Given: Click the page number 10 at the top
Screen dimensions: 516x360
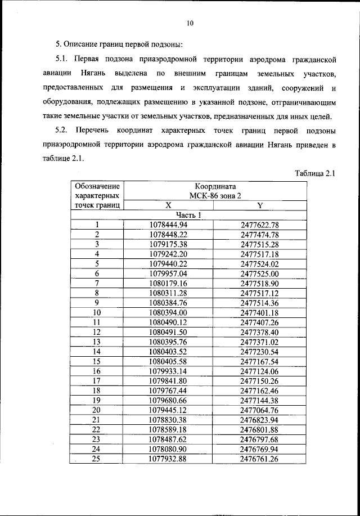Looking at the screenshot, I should coord(190,23).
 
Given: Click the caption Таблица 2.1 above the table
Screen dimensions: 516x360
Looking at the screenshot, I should coord(315,173).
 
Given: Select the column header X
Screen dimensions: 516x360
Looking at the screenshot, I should coord(168,206).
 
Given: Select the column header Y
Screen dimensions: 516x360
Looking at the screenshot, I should coord(259,206).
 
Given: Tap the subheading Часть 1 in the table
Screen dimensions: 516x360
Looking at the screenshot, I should coord(188,216).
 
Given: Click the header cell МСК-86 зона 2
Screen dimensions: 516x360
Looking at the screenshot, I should coord(215,195).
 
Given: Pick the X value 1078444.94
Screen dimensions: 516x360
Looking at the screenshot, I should coord(168,225).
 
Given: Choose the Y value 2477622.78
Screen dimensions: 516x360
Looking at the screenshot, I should coord(259,225).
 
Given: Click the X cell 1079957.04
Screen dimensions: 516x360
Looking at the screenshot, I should coord(168,273).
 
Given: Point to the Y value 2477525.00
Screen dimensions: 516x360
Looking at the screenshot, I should coord(259,273).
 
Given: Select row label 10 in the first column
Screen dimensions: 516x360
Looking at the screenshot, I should coord(97,312).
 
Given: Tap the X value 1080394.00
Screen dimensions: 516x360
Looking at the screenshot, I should coord(168,312).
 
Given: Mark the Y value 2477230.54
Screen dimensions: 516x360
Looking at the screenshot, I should coord(259,351).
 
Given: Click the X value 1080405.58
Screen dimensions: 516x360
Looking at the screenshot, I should coord(168,361).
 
